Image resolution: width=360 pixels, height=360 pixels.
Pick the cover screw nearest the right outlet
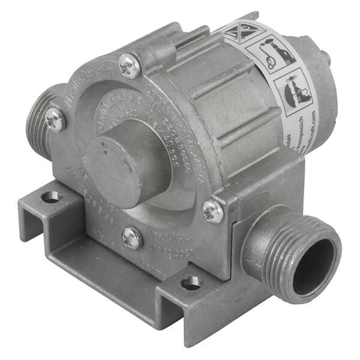pyautogui.click(x=213, y=210)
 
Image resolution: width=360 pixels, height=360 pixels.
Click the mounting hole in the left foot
pyautogui.click(x=52, y=196)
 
